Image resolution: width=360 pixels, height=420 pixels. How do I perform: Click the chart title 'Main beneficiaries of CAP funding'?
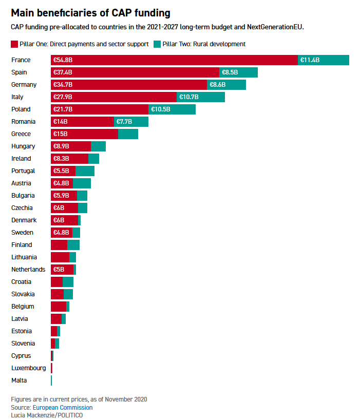(90, 13)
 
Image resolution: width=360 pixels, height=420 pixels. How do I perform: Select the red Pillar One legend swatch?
(14, 44)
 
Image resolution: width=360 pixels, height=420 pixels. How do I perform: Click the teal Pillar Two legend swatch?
(157, 44)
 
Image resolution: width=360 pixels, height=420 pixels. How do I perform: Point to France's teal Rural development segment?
(324, 60)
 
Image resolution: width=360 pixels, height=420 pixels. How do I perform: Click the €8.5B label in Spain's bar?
(230, 72)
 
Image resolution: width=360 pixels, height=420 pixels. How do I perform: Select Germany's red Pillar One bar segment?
(128, 85)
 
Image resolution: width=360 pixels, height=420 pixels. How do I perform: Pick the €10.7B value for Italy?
(188, 97)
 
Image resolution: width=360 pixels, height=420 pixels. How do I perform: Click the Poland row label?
(21, 109)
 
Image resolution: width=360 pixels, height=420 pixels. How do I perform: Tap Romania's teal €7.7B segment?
(131, 122)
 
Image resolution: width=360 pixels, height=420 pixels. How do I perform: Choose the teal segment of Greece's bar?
(128, 134)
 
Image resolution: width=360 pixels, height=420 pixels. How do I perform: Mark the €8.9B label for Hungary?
(62, 146)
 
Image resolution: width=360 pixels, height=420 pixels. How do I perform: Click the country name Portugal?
(23, 171)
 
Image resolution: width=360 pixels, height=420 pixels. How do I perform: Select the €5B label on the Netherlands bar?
(59, 270)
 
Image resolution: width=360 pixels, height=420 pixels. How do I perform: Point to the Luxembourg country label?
(28, 368)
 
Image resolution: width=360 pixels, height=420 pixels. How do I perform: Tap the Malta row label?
(19, 380)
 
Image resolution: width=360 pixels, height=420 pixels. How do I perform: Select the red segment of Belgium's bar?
(59, 307)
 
